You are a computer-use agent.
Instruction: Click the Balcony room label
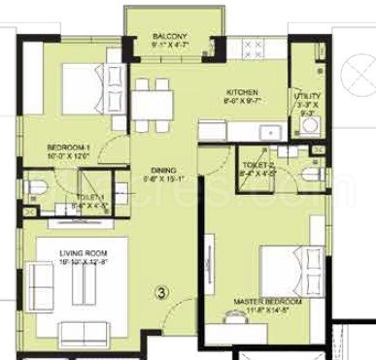[x=170, y=36]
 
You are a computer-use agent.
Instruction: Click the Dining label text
[x=148, y=169]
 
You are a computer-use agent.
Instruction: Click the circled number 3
[x=162, y=288]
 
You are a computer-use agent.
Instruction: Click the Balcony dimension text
[x=170, y=45]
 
